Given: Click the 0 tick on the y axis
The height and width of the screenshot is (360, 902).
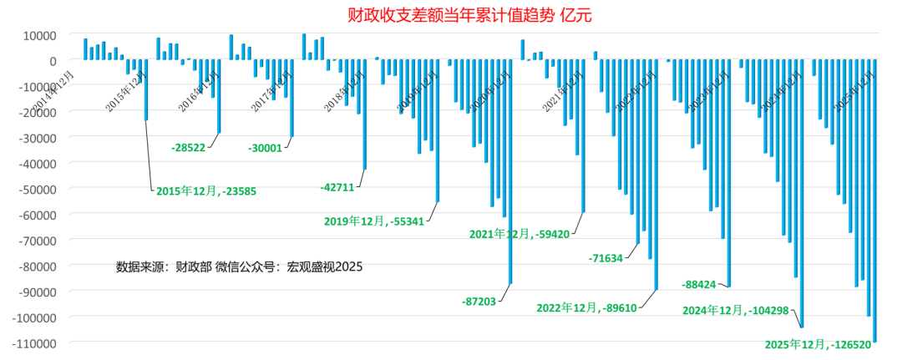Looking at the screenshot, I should click(x=53, y=61).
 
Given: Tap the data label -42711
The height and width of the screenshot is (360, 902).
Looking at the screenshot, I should click(x=337, y=187).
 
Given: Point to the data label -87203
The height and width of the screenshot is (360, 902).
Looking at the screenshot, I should click(x=478, y=300).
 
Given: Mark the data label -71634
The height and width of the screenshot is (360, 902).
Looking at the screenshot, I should click(x=606, y=258).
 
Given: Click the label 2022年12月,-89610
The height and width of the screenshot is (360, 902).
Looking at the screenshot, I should click(x=586, y=307).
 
